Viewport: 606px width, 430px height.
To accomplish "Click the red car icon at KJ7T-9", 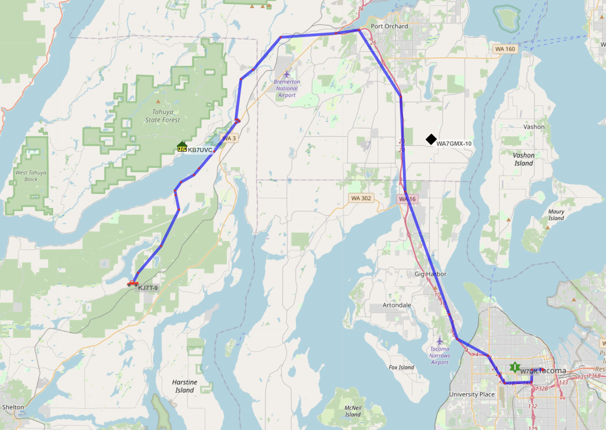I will pos(133,283).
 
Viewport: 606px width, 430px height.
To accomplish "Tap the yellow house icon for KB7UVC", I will pos(182,146).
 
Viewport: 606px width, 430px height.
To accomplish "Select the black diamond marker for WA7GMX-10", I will pos(431,139).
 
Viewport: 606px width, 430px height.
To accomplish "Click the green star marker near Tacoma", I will pos(514,367).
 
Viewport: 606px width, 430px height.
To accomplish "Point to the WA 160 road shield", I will pos(505,49).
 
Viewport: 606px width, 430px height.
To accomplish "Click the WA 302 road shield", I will pos(361,198).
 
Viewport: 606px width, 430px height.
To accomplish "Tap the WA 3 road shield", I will pos(229,138).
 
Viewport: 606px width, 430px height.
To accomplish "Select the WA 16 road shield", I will pos(407,199).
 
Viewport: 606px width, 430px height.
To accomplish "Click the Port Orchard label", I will pos(389,26).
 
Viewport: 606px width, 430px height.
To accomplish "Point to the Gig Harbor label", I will pos(430,274).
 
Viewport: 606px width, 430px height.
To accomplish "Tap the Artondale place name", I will pos(397,305).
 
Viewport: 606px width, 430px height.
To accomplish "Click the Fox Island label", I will pos(401,367).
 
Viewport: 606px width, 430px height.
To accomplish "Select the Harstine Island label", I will pos(184,386).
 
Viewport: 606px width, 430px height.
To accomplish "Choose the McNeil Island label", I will pos(353,411).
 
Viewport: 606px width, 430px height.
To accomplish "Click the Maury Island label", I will pos(556,215).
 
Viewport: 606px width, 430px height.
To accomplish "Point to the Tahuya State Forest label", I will pos(162,116).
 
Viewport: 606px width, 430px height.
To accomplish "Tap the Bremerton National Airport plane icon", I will pos(287,74).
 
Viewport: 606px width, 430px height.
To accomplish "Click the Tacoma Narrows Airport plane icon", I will pos(440,341).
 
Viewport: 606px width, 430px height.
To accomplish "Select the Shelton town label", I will pos(13,407).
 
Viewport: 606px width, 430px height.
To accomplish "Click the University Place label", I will pos(472,394).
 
